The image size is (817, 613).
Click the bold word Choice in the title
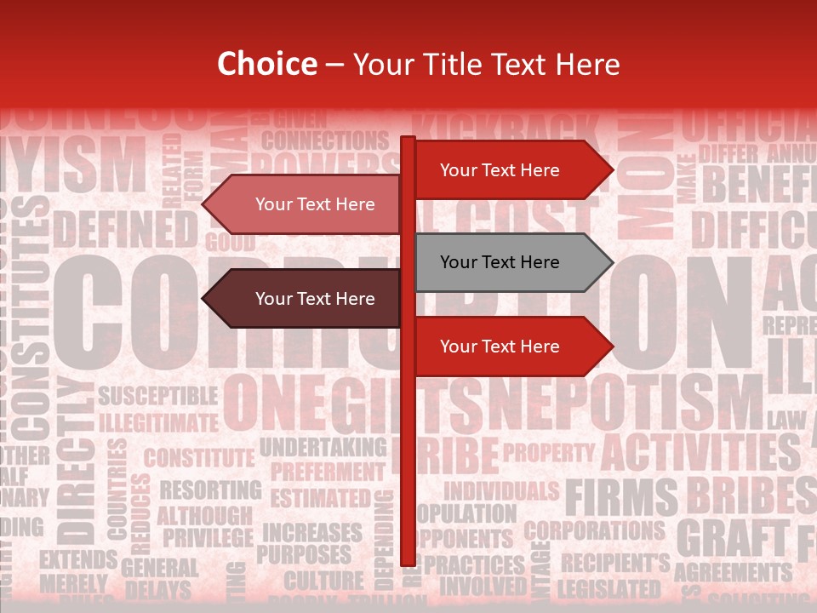coord(266,64)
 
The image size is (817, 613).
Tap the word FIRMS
coord(621,497)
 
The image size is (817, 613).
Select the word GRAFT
coord(732,538)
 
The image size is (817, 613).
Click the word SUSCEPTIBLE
coord(158,396)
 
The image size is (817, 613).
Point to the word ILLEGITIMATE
coord(158,422)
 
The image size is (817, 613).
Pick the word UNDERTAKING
coord(323,447)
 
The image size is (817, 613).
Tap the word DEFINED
coord(125,230)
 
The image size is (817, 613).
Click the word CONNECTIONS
coord(325,140)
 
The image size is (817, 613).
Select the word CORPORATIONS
coord(594,531)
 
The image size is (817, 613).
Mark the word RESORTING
coord(210,490)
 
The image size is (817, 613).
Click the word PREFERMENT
coord(327,472)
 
